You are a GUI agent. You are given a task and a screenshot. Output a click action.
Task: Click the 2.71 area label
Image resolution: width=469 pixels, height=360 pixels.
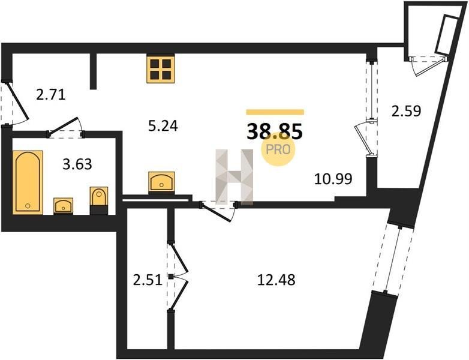[50, 94]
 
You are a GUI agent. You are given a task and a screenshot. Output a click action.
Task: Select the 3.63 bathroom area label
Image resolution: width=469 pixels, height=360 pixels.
[77, 163]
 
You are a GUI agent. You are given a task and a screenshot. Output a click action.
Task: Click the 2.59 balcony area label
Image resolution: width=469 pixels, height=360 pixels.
[406, 111]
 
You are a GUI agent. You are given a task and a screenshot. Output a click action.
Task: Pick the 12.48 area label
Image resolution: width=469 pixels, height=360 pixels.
[276, 280]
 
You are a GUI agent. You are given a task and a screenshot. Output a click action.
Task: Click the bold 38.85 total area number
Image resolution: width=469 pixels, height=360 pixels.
[275, 130]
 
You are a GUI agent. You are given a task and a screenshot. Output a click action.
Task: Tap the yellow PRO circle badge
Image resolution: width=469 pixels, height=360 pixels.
[279, 148]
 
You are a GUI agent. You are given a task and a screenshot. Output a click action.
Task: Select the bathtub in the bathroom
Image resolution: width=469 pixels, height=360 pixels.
[28, 182]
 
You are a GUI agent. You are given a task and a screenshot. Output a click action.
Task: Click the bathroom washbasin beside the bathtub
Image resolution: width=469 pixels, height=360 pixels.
[63, 205]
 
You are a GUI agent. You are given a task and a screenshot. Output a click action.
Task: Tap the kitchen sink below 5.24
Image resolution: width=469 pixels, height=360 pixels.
[161, 181]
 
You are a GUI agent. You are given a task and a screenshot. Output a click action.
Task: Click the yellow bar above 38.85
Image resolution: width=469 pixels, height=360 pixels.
[275, 112]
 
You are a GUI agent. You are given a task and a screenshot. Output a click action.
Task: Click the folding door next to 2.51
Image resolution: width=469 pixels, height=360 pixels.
[178, 276]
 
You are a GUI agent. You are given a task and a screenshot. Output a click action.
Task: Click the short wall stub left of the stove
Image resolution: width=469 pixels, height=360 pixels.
[93, 71]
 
